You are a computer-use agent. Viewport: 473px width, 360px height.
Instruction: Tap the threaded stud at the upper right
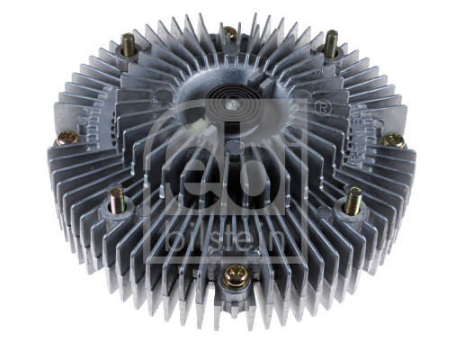point(332,42)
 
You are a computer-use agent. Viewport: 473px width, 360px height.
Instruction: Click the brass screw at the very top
point(230,34)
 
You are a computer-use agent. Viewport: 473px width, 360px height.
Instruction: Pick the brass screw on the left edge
point(67,138)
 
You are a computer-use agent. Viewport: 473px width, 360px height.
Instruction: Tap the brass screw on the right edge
point(393,140)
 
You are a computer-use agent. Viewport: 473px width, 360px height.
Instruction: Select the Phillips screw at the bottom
point(235,275)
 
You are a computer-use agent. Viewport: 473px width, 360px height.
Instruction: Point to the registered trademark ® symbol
point(322,108)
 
